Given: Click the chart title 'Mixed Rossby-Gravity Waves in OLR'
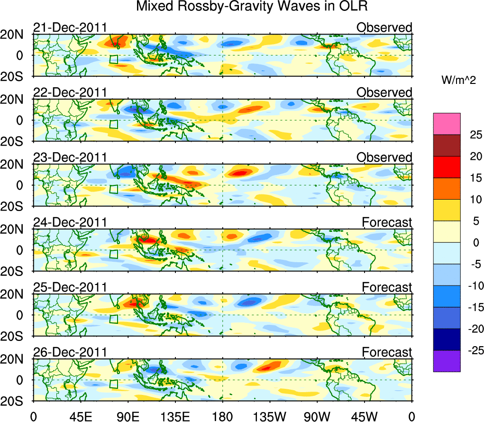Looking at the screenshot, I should point(253,7).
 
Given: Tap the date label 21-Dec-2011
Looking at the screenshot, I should point(70,28).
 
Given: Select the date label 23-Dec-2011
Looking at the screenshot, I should point(70,157).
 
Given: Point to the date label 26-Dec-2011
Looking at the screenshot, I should point(70,352).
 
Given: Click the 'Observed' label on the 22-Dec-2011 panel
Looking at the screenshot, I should point(384,92).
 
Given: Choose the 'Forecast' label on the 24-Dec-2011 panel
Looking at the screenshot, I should point(387,222).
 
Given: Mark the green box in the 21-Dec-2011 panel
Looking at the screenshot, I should point(113,59).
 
